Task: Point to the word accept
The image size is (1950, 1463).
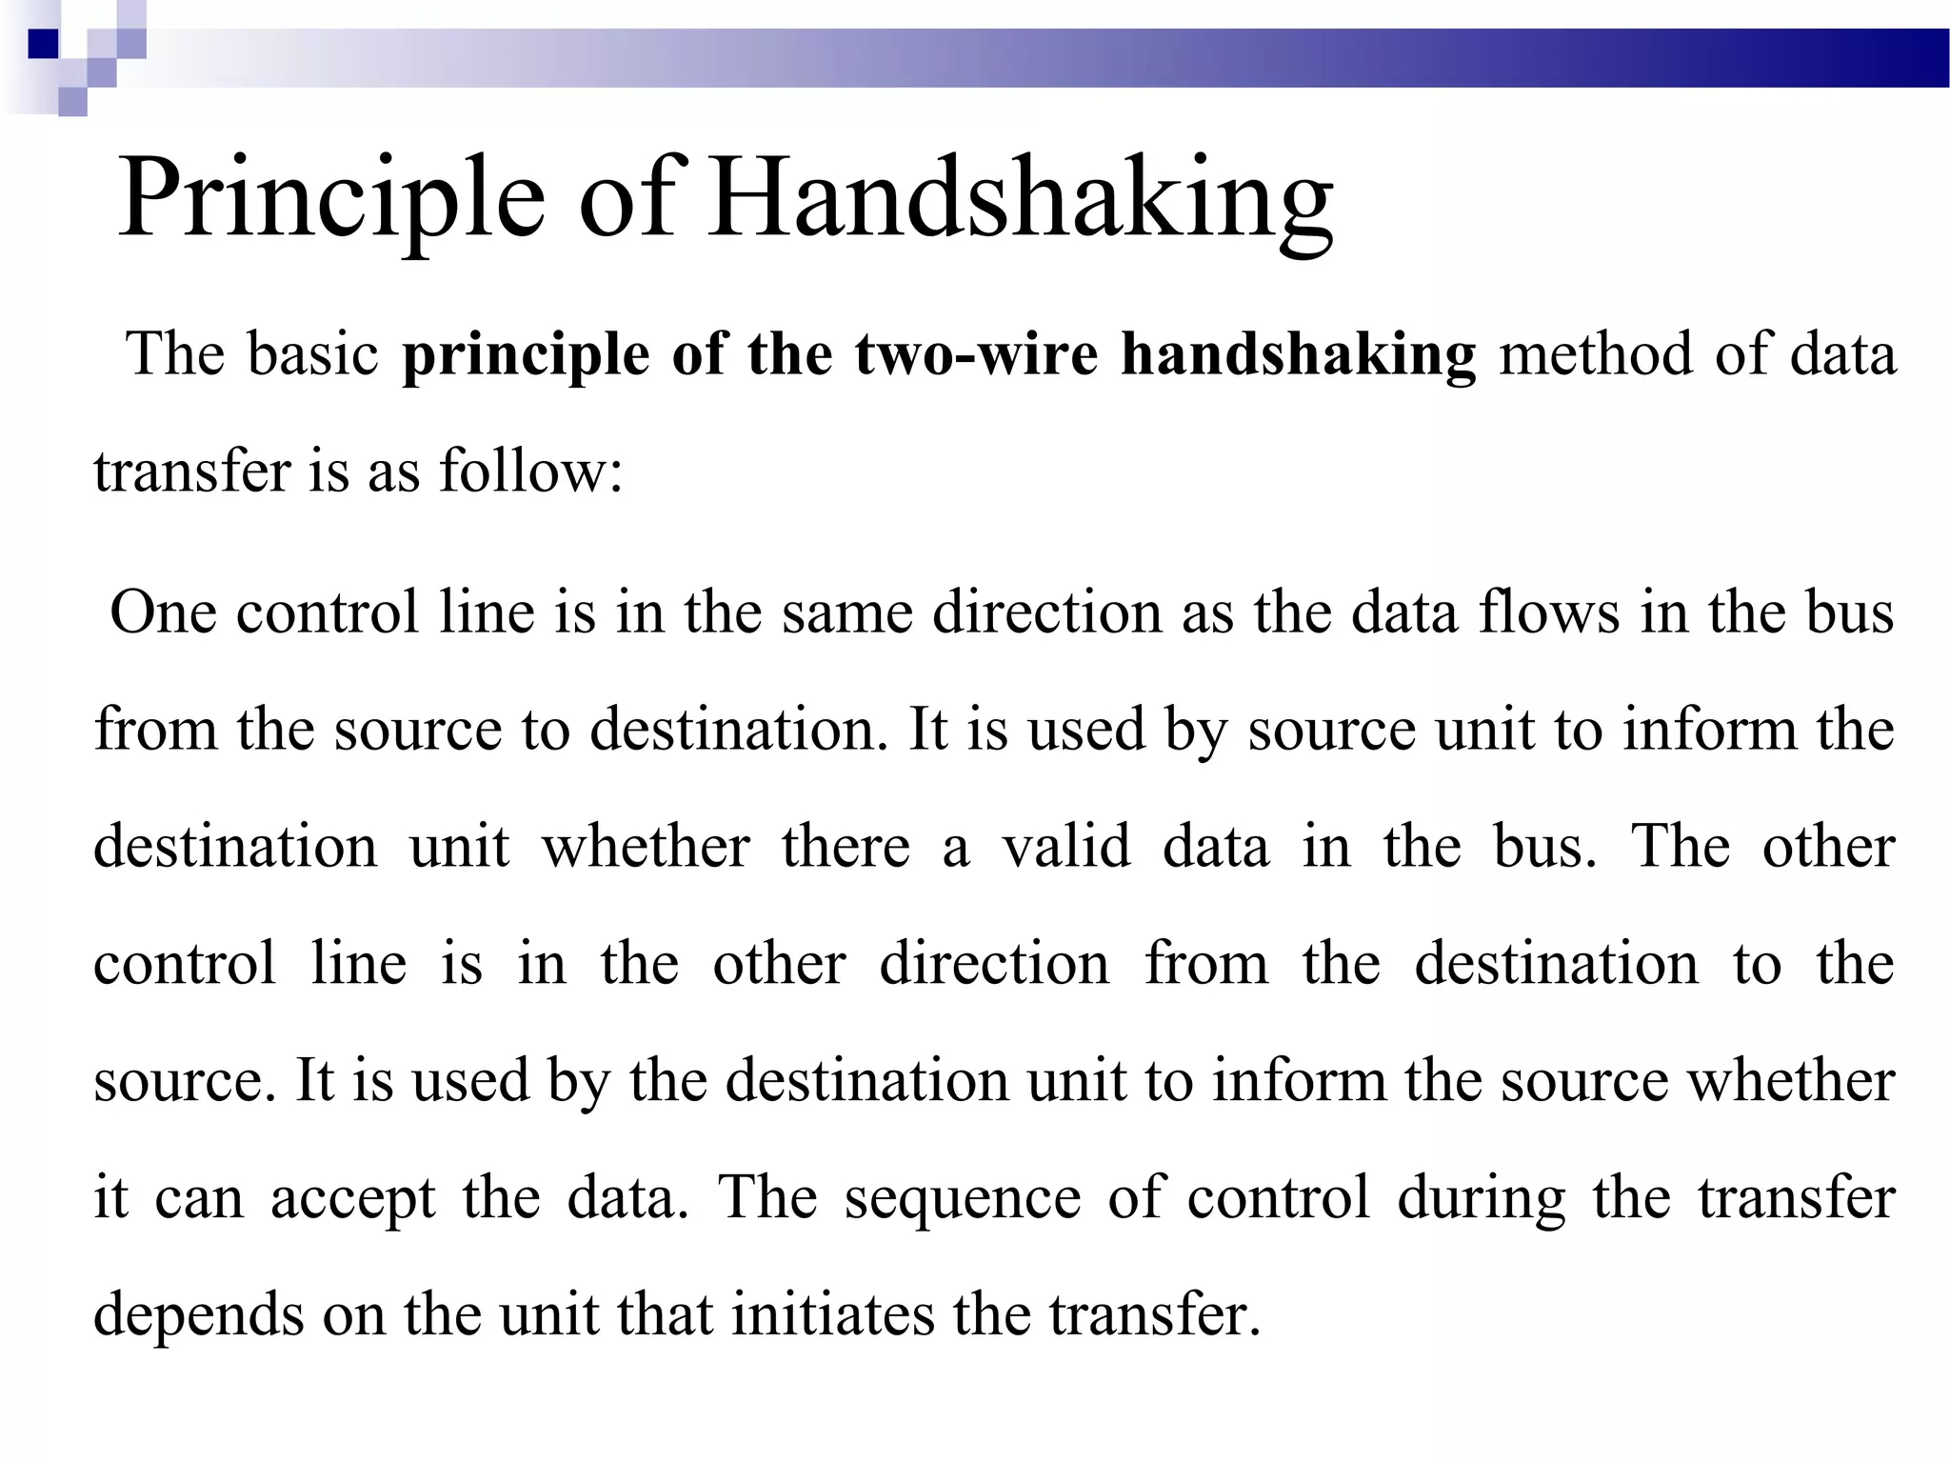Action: click(353, 1198)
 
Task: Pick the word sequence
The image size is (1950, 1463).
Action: click(963, 1198)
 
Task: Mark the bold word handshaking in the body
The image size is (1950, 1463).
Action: click(1299, 354)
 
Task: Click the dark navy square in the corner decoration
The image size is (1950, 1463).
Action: click(44, 44)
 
